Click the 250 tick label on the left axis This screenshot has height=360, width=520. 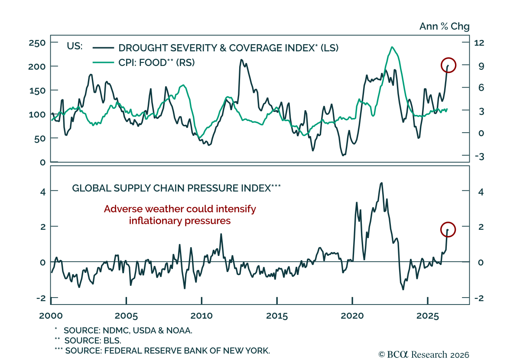pos(37,43)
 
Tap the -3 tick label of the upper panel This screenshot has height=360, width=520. pos(480,157)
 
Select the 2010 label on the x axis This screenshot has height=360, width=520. pos(201,316)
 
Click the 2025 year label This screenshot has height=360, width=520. pos(428,316)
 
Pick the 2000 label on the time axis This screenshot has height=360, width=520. pos(51,316)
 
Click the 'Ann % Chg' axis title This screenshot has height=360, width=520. pos(444,26)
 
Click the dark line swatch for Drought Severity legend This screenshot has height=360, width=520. pos(103,48)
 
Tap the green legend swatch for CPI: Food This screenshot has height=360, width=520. pos(103,62)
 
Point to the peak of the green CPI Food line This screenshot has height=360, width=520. pos(392,47)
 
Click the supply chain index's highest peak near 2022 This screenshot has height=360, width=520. pos(381,183)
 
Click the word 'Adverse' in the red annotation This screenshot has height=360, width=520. pos(123,209)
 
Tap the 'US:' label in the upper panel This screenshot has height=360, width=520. pos(75,46)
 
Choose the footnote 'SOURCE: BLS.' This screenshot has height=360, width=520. pos(93,340)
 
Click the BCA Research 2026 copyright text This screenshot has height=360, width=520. pos(424,355)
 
